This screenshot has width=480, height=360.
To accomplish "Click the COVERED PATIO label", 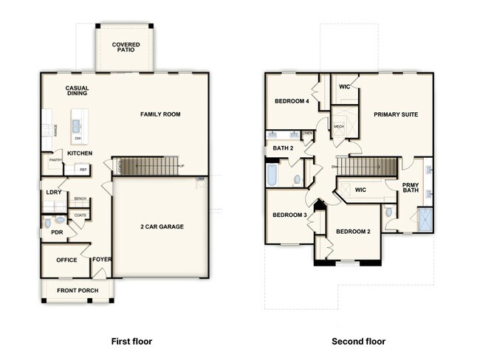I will click(126, 48).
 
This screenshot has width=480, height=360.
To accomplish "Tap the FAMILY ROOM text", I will click(160, 114).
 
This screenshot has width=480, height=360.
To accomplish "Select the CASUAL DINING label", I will click(77, 91).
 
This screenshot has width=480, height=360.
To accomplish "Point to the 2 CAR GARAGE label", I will click(162, 226).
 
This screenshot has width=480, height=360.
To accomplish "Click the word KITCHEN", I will click(80, 153).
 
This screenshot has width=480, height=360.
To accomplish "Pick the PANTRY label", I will click(54, 159).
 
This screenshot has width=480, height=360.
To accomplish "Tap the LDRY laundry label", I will click(53, 192).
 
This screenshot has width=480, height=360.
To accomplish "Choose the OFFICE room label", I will click(66, 260).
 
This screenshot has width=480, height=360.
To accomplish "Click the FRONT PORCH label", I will click(78, 290).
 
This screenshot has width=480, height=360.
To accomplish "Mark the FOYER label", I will click(101, 260).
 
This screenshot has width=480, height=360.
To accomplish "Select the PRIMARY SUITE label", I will click(396, 114).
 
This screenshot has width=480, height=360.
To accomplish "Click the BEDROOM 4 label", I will click(292, 101).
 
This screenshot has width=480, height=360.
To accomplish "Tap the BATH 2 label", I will click(284, 148).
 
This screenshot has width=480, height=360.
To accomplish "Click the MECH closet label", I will click(339, 126).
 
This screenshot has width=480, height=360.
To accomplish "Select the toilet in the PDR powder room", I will click(48, 221).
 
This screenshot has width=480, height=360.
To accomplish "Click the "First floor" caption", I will click(131, 342).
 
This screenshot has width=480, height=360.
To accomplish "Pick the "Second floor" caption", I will click(358, 342).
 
